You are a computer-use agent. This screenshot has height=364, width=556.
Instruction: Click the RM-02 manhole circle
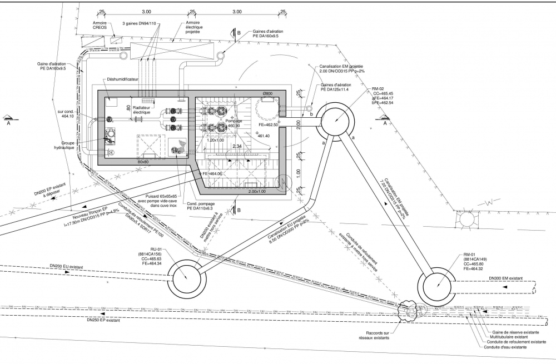pyautogui.click(x=337, y=121)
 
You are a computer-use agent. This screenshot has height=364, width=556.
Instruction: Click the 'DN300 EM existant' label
pyautogui.click(x=505, y=278)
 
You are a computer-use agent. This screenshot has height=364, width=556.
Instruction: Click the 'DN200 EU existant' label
pyautogui.click(x=66, y=267)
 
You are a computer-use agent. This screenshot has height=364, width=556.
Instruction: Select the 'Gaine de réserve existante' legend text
pyautogui.click(x=512, y=331)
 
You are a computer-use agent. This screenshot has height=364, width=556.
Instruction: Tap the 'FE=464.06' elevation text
pyautogui.click(x=212, y=174)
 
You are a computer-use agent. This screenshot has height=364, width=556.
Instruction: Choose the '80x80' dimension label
pyautogui.click(x=143, y=162)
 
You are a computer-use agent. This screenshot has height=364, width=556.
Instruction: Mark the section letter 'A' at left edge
pyautogui.click(x=8, y=124)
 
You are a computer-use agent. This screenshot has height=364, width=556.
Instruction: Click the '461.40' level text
pyautogui.click(x=264, y=136)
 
